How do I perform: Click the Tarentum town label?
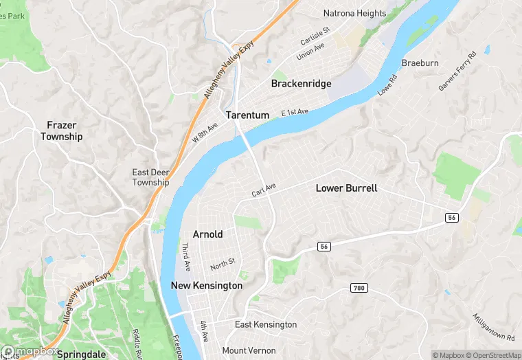[247, 115]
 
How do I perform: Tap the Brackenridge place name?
[301, 84]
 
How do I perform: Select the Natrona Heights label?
[355, 12]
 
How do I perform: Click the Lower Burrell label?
[346, 188]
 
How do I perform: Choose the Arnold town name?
[207, 234]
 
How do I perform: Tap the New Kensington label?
[206, 285]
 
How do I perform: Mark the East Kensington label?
[266, 324]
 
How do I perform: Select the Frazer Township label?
[61, 131]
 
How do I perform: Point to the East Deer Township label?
[150, 177]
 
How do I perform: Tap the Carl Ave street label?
[263, 190]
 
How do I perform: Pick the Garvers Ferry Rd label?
[457, 71]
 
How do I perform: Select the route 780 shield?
[358, 287]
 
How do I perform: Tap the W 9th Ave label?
[205, 132]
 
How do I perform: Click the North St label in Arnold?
[223, 262]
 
